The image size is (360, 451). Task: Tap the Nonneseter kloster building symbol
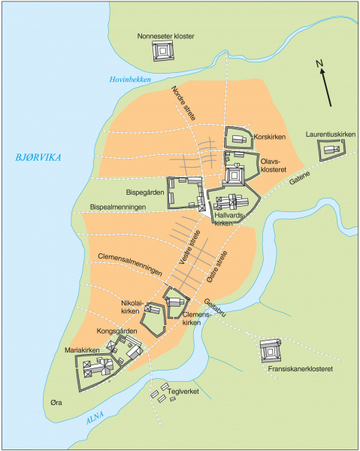(163, 52)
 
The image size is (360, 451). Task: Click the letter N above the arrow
(319, 63)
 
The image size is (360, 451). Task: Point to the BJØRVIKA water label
(35, 157)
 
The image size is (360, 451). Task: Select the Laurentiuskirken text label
(330, 135)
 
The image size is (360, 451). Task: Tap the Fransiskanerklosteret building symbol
(270, 350)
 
